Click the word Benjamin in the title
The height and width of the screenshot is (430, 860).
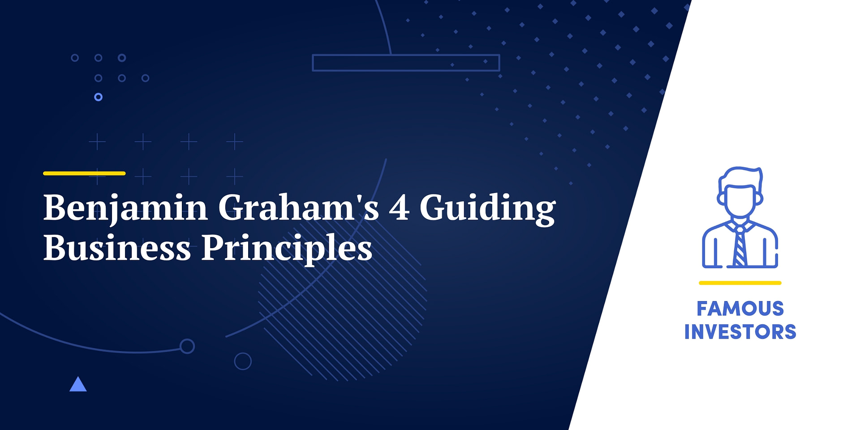pyautogui.click(x=125, y=208)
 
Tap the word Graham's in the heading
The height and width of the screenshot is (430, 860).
pyautogui.click(x=299, y=208)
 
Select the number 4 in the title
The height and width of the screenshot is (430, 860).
pyautogui.click(x=399, y=208)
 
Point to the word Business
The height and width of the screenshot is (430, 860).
pyautogui.click(x=117, y=248)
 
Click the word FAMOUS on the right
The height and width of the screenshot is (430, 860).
pyautogui.click(x=740, y=309)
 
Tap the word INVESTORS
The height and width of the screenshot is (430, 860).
pyautogui.click(x=740, y=332)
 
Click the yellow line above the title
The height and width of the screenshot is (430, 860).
pyautogui.click(x=84, y=173)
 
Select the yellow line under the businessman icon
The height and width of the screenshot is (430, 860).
pyautogui.click(x=740, y=283)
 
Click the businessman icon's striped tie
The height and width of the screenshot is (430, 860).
pyautogui.click(x=740, y=246)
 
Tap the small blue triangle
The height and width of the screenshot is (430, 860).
pyautogui.click(x=78, y=385)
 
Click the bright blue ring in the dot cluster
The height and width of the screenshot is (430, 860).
pyautogui.click(x=99, y=97)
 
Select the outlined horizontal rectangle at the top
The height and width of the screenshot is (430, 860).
pyautogui.click(x=406, y=63)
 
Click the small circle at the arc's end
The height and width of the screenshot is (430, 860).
pyautogui.click(x=187, y=346)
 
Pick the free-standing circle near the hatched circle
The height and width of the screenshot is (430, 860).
pyautogui.click(x=243, y=361)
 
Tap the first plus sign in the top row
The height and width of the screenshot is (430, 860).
pyautogui.click(x=97, y=142)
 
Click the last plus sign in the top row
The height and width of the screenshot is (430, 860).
pyautogui.click(x=235, y=142)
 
